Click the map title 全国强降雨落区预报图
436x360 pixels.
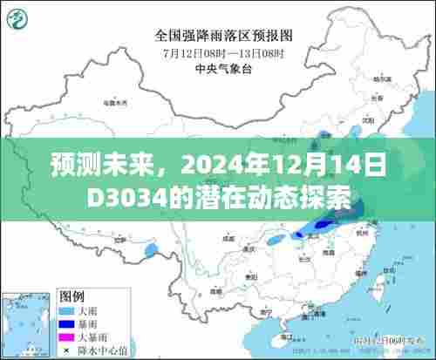223,36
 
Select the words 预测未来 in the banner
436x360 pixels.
84,166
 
